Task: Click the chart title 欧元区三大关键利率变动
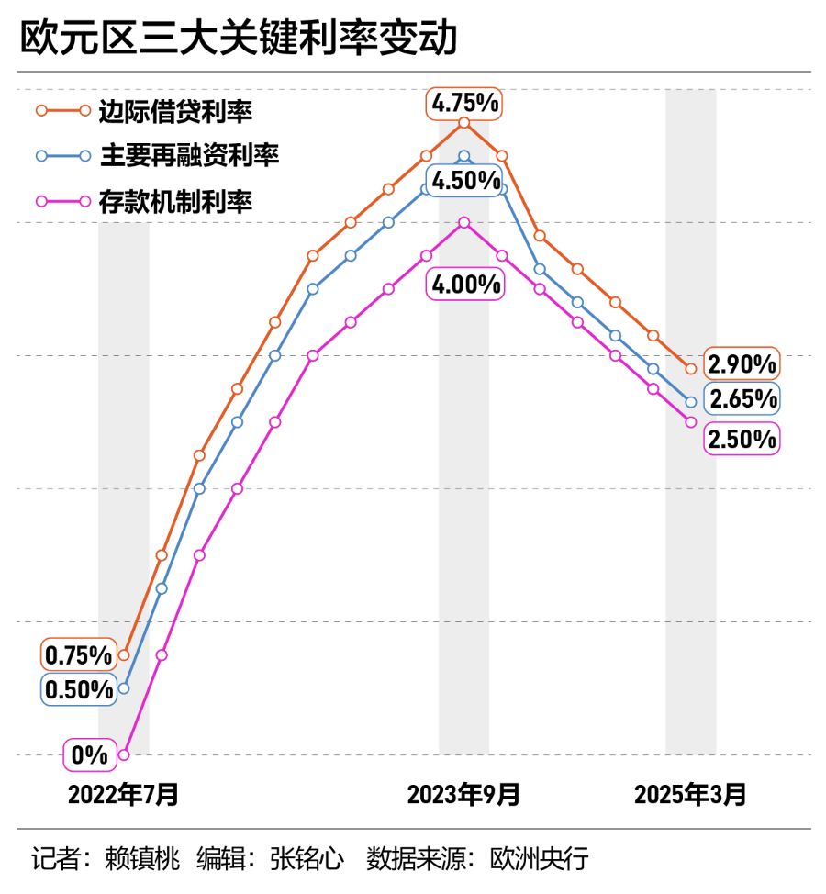pos(239,39)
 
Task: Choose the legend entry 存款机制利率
pos(175,201)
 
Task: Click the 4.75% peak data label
pos(465,104)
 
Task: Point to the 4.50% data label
pos(465,180)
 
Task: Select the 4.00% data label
pos(465,285)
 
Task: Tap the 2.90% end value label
pos(742,364)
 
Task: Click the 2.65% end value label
pos(742,398)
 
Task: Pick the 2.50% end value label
pos(742,439)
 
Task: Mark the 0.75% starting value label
pos(79,655)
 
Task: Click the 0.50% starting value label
pos(79,689)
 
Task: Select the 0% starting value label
pos(90,755)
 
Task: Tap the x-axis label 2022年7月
pos(123,795)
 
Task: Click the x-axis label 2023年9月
pos(463,795)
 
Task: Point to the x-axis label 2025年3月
pos(690,795)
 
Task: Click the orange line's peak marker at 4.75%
pos(463,122)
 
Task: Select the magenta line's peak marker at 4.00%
pos(463,222)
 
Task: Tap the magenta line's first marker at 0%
pos(124,754)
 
